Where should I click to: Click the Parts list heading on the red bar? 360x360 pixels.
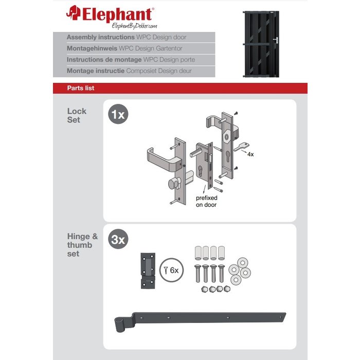(x=81, y=88)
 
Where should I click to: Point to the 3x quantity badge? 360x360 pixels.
(x=118, y=239)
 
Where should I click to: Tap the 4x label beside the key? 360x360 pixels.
(x=250, y=154)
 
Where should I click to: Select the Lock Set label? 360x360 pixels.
(x=77, y=115)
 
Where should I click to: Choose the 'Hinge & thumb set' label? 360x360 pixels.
(x=82, y=245)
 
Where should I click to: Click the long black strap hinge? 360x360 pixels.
(x=200, y=319)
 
